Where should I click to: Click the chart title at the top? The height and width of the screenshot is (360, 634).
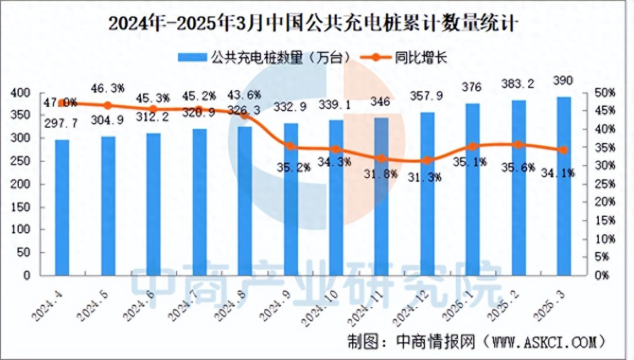pyautogui.click(x=314, y=24)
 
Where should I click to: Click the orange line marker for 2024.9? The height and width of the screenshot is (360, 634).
pyautogui.click(x=290, y=146)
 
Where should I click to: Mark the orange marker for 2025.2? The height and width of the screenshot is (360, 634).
pyautogui.click(x=517, y=144)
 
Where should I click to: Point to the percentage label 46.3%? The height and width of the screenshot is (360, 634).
pyautogui.click(x=108, y=88)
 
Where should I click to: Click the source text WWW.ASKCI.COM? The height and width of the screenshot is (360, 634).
pyautogui.click(x=544, y=342)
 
